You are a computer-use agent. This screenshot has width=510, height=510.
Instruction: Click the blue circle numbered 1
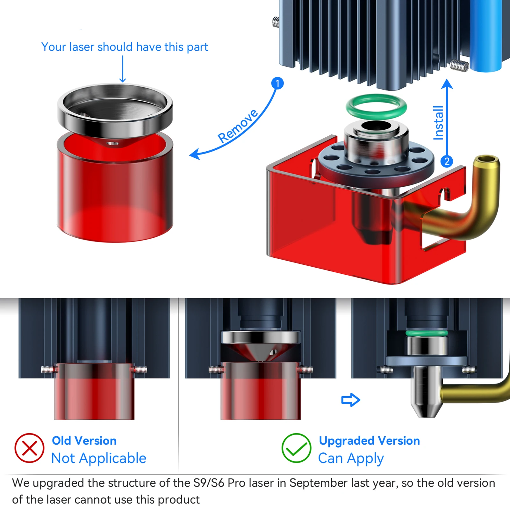[x=277, y=83]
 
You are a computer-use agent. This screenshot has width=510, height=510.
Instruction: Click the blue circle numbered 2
[x=447, y=162]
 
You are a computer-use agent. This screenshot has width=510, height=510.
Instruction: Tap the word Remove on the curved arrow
[x=238, y=126]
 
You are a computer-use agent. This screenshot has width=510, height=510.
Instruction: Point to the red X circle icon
[x=29, y=448]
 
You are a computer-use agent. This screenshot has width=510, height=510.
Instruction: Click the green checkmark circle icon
[x=296, y=448]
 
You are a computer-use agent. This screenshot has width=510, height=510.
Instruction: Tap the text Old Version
[x=84, y=441]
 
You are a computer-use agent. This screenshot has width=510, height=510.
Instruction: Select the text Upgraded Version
[x=370, y=441]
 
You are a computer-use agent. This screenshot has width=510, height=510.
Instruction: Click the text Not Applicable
[x=99, y=459]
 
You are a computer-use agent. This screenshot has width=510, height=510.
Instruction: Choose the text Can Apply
[x=351, y=459]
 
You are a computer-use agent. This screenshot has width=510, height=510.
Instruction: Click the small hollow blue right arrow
[x=351, y=400]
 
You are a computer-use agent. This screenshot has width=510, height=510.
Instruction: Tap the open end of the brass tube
[x=486, y=159]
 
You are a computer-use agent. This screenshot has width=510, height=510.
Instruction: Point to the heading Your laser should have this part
[x=125, y=47]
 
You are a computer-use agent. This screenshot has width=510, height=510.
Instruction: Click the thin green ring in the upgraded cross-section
[x=427, y=333]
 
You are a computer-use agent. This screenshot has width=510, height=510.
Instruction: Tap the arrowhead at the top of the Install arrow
[x=447, y=84]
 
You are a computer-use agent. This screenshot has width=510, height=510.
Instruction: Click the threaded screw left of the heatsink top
[x=276, y=22]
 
